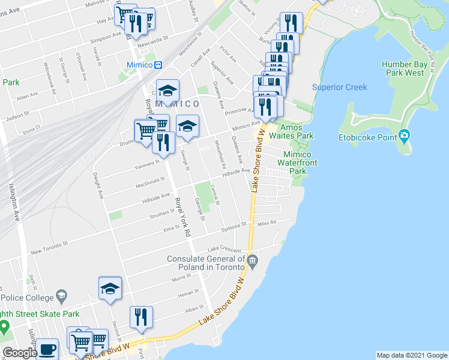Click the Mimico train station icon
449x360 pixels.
tap(158, 65)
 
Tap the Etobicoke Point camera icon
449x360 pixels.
tap(404, 136)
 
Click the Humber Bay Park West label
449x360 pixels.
tap(406, 68)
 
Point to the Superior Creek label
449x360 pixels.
tap(339, 88)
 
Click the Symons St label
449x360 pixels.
tap(234, 226)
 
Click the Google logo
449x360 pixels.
tap(19, 353)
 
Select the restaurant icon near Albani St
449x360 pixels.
tap(141, 317)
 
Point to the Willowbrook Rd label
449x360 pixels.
tap(45, 72)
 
